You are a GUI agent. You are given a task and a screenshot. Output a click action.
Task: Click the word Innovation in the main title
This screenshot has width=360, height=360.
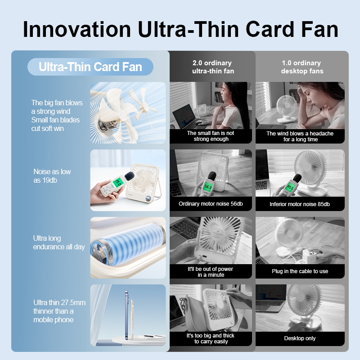point(77,29)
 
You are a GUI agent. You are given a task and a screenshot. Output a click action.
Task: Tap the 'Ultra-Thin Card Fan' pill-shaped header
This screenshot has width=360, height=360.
point(90,67)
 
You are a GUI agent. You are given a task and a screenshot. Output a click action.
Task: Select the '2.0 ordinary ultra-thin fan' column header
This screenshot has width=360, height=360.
point(212,67)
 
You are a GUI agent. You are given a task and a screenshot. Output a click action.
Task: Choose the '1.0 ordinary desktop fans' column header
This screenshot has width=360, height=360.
point(301,67)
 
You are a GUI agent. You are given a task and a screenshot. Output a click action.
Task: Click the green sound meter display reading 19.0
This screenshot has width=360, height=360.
point(118,183)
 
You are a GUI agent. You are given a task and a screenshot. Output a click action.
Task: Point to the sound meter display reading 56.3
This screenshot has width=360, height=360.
point(208,187)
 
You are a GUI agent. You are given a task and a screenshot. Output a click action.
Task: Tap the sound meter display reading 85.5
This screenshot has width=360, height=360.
point(290,188)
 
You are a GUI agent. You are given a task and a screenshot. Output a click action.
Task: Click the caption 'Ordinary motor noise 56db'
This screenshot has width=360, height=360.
point(211,204)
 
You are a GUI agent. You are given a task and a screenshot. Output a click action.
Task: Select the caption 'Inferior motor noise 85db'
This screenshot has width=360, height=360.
point(300,204)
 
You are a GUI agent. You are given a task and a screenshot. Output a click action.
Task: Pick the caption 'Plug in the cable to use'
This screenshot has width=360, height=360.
point(300,271)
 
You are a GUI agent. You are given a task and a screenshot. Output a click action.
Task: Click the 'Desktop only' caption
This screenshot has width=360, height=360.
point(300,338)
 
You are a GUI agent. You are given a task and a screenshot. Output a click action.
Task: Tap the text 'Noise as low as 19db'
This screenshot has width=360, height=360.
point(52,176)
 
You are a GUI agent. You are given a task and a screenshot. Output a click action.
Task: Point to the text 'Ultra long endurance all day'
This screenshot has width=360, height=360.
point(59,243)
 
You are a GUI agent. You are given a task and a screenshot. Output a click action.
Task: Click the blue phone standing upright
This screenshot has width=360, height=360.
point(127,315)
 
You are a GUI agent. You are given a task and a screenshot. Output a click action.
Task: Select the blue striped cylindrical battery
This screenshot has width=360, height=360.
point(128,246)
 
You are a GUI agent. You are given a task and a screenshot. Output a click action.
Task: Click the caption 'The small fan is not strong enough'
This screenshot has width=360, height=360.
point(211,136)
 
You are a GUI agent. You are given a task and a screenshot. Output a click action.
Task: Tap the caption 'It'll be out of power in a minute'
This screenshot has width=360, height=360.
point(210,272)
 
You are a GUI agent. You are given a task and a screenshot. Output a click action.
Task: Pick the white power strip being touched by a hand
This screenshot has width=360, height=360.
point(308,256)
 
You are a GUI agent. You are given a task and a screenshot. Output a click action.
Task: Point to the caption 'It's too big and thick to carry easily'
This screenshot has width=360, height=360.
point(211,338)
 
